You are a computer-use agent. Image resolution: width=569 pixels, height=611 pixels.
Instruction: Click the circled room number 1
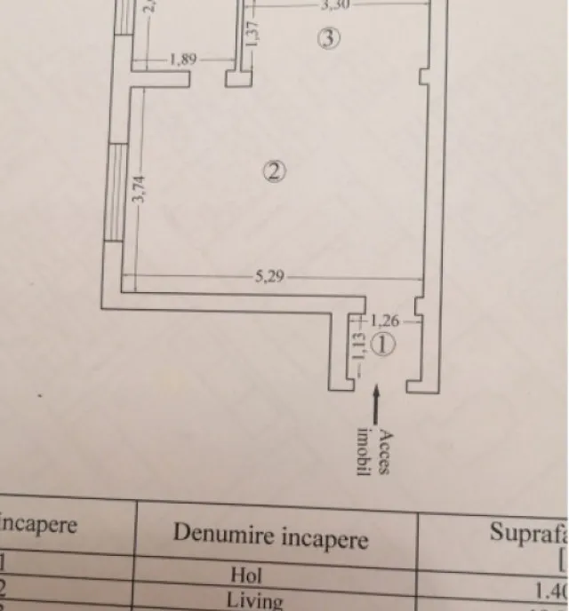[382, 346]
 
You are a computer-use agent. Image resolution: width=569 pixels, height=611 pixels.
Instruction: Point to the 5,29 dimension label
[269, 277]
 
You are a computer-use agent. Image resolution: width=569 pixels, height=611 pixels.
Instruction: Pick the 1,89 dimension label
[182, 61]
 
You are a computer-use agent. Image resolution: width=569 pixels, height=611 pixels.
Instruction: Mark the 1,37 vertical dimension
[252, 32]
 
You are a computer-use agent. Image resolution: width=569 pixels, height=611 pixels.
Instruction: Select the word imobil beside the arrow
[363, 450]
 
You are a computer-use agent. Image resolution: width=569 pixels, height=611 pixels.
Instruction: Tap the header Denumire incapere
[270, 536]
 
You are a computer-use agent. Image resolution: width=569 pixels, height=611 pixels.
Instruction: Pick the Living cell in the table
[254, 600]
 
